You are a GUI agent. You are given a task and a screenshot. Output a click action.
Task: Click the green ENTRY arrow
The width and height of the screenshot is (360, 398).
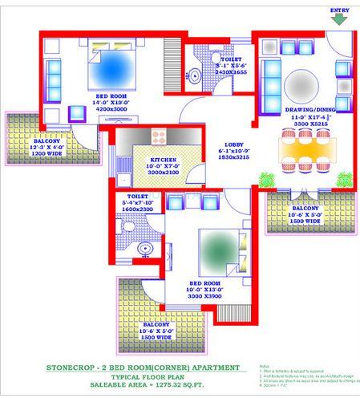341,18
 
